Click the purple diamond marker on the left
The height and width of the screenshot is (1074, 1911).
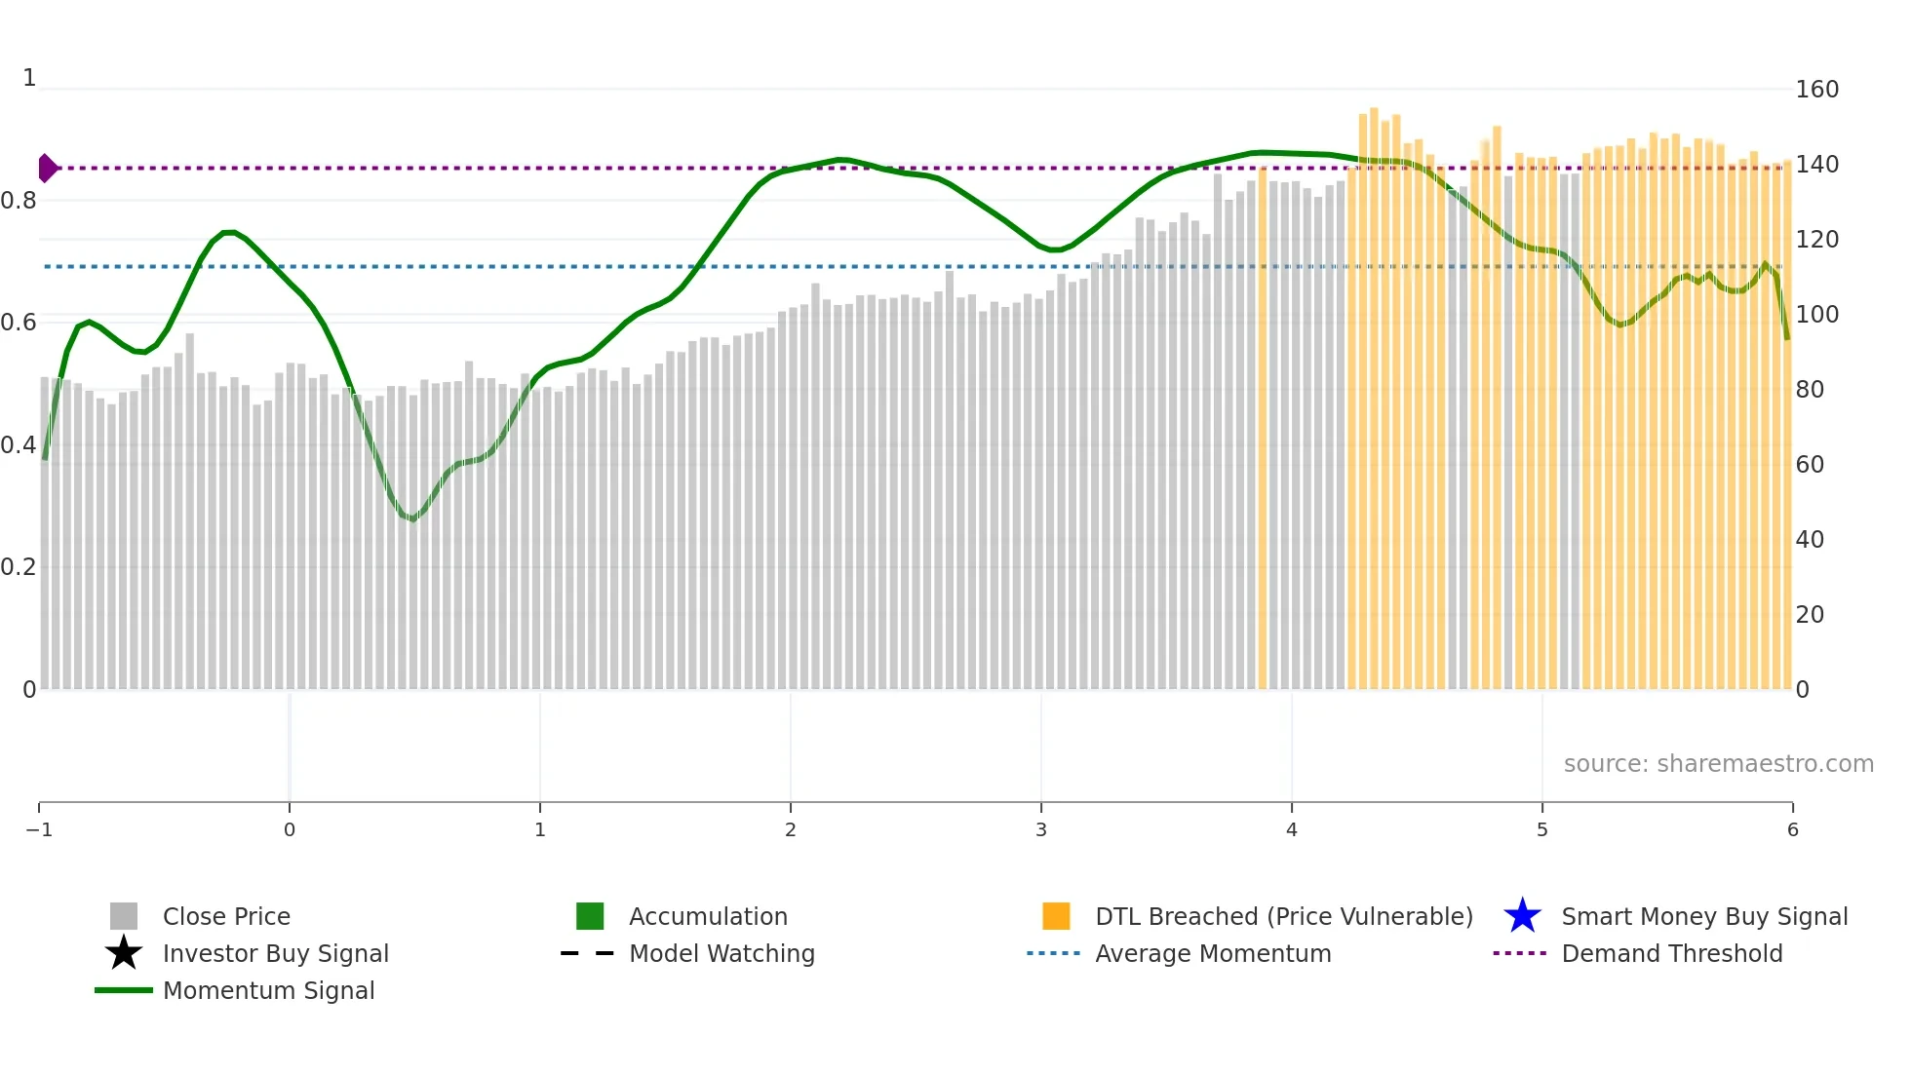[x=47, y=168]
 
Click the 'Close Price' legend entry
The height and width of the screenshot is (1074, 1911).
[x=225, y=916]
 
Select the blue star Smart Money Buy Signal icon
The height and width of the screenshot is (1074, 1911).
[x=1522, y=916]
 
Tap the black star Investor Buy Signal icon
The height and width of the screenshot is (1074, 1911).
[x=124, y=953]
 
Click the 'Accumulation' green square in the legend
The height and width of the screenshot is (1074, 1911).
[x=590, y=916]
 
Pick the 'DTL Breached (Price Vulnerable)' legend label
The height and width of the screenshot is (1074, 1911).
[x=1283, y=916]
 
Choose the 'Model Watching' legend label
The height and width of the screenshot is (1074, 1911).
[x=721, y=953]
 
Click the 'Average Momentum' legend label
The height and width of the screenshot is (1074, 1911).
[x=1212, y=953]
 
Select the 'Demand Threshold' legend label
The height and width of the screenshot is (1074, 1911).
[x=1671, y=953]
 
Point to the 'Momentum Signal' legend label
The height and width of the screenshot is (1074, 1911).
[x=268, y=990]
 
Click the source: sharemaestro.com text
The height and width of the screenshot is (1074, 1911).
[x=1718, y=763]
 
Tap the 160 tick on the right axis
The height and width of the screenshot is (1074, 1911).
[x=1816, y=90]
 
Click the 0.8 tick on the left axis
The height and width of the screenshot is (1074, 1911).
[x=19, y=201]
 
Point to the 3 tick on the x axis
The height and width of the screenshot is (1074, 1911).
[x=1040, y=829]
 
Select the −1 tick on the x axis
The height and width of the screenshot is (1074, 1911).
[x=39, y=829]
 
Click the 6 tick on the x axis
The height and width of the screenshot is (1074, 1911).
[x=1792, y=829]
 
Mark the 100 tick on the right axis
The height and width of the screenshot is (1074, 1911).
[x=1816, y=315]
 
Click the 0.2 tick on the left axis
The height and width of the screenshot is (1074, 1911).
[x=19, y=567]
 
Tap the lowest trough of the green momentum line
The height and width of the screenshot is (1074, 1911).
[x=412, y=518]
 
